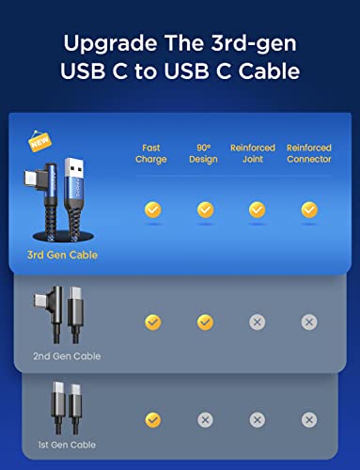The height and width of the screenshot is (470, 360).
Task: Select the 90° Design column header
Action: (205, 153)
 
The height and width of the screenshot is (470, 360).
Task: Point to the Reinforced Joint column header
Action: (257, 153)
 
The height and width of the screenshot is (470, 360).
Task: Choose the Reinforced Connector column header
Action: (308, 153)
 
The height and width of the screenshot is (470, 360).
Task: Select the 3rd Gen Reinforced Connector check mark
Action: (308, 210)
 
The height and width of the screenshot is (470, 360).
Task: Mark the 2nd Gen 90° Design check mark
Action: (205, 322)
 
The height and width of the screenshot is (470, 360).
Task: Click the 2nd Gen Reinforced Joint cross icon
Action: (257, 322)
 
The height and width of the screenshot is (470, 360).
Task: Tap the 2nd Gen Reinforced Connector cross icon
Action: (308, 322)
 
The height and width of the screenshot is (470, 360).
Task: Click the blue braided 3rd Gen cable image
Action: (62, 197)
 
